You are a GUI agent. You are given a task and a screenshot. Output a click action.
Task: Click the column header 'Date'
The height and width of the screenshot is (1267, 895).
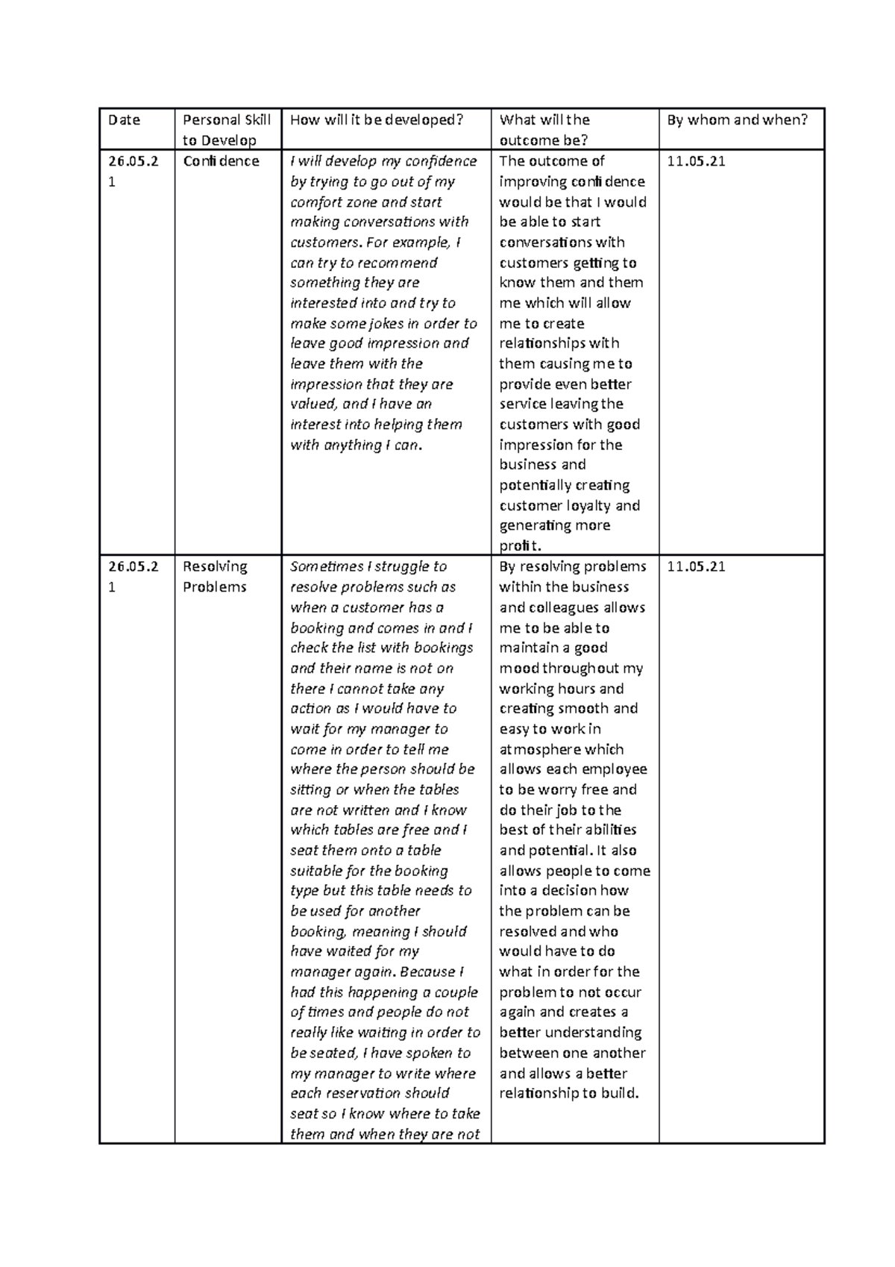[x=124, y=119]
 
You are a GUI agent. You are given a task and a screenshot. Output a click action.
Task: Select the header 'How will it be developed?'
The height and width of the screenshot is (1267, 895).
[x=377, y=119]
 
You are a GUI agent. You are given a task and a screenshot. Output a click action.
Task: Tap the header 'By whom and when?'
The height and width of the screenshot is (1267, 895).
[x=737, y=119]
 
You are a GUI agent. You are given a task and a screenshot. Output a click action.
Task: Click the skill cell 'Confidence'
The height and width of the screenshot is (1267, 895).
[x=221, y=161]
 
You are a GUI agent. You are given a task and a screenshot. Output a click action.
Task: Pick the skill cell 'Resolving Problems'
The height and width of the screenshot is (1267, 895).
[x=215, y=576]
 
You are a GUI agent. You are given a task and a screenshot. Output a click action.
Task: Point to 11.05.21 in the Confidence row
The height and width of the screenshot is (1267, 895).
[x=696, y=161]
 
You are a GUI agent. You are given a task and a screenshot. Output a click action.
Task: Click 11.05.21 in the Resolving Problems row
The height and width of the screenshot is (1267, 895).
[x=696, y=566]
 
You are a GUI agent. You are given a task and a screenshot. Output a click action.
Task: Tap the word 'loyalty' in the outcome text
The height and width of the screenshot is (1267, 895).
[x=585, y=506]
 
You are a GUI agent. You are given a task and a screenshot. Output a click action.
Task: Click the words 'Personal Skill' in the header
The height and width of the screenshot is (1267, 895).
[x=227, y=119]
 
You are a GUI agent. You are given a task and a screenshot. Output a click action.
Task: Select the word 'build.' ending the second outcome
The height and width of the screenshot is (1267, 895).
[x=620, y=1094]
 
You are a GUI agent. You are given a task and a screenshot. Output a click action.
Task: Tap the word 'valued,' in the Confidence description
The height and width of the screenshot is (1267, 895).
[x=314, y=404]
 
